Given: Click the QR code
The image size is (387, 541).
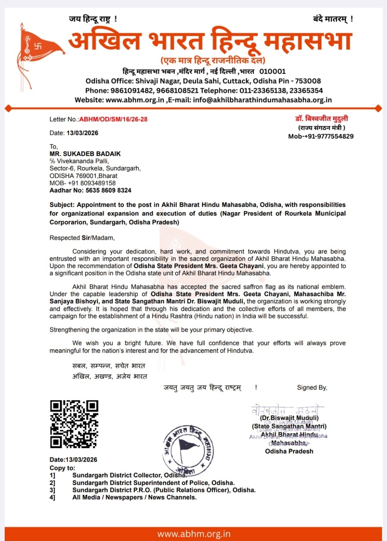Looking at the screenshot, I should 74,424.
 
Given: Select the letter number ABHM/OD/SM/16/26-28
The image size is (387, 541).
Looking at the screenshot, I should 113,119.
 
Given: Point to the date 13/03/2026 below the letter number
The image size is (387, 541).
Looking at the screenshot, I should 82,133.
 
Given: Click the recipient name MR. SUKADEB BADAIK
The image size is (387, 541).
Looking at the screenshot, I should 85,154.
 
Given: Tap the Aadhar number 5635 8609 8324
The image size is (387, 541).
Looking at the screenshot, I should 109,191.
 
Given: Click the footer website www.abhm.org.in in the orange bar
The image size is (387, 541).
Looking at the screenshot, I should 193,534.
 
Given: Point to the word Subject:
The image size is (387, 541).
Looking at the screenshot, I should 62,205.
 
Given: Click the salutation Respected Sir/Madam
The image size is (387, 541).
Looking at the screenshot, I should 82,238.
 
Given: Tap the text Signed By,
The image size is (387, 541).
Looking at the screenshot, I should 312,388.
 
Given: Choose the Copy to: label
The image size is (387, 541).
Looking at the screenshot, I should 62,468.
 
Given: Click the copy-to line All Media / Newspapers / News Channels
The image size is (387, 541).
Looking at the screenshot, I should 134,498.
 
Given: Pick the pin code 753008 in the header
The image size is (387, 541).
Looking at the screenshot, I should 308,81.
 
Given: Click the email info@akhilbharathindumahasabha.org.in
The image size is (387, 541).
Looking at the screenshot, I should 262,100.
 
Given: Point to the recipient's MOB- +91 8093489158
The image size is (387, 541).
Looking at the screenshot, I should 83,183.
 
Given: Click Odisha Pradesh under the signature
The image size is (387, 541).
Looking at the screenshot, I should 289,451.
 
